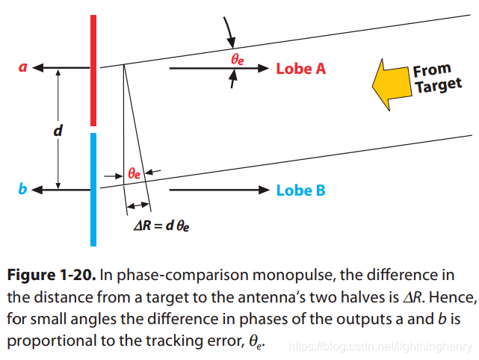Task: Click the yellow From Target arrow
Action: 390,84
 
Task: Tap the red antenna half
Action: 93,71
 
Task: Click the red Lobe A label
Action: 301,69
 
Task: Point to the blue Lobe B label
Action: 300,190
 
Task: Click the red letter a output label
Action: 22,67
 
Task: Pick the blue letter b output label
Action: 22,190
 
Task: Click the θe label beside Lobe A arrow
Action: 237,58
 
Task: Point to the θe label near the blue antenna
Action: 135,173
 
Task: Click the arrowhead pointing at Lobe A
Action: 262,68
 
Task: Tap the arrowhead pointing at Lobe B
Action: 262,190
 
